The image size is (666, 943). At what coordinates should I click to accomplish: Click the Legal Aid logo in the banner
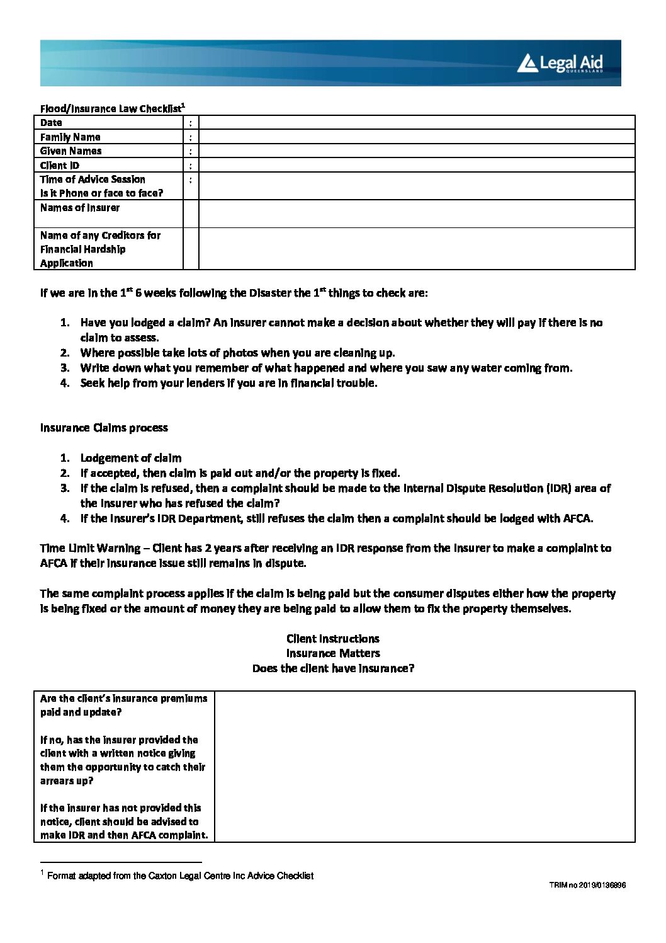[560, 63]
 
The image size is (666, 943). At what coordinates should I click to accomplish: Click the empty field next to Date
[416, 123]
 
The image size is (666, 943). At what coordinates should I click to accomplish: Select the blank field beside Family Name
[416, 137]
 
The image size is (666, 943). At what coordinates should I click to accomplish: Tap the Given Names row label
[71, 151]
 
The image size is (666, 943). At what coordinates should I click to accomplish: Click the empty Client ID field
[416, 165]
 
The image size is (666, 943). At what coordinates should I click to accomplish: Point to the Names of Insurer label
[79, 208]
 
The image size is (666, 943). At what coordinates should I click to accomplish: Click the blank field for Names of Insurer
[416, 214]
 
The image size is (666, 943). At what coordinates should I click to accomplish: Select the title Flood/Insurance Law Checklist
[110, 108]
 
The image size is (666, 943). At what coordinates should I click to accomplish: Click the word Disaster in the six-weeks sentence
[270, 293]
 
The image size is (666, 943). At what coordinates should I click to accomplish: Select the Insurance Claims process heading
[104, 428]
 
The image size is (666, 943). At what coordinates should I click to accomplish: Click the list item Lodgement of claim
[130, 458]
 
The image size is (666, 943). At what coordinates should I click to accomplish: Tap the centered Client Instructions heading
[332, 639]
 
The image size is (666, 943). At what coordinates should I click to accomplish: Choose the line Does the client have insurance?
[332, 668]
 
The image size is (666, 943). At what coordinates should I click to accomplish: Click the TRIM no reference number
[587, 885]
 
